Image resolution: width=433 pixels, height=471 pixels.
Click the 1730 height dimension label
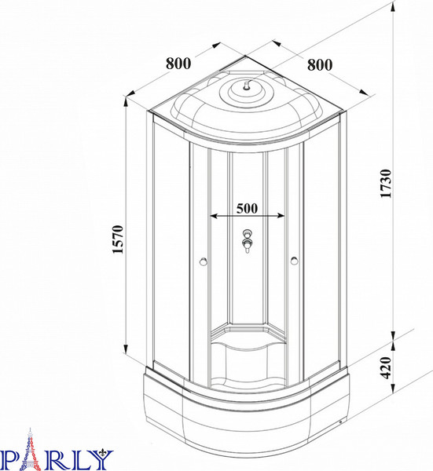click(x=386, y=183)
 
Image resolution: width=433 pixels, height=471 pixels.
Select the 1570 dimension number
click(x=118, y=239)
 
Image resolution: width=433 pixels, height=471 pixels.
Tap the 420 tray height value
click(x=386, y=367)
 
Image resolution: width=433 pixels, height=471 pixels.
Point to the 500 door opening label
click(x=247, y=208)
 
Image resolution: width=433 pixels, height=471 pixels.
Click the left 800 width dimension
click(x=178, y=64)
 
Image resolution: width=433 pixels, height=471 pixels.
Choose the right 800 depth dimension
click(x=320, y=65)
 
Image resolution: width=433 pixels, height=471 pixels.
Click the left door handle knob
click(x=204, y=261)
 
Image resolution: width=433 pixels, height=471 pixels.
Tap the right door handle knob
click(x=295, y=261)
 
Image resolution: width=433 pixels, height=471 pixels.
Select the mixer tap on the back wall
click(x=248, y=241)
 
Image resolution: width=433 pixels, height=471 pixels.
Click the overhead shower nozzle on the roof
click(x=247, y=86)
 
